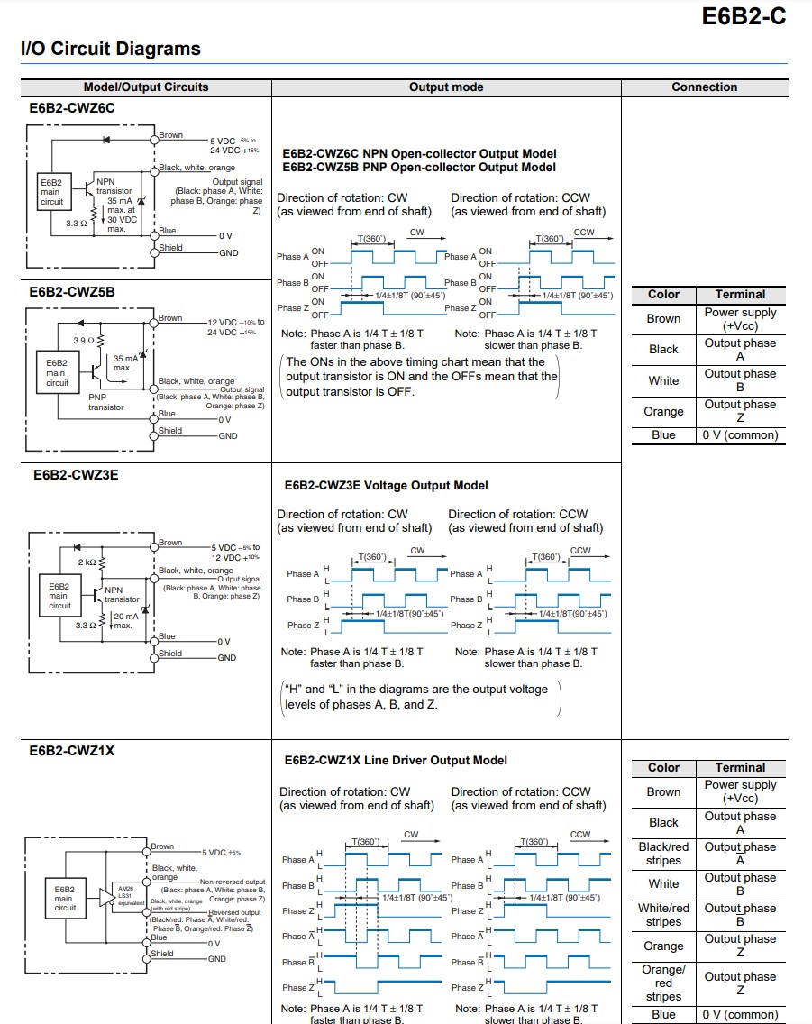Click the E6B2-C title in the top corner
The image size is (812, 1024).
[744, 16]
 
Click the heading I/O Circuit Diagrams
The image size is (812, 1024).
[110, 50]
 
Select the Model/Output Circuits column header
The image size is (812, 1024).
[145, 87]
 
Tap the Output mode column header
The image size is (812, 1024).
[446, 87]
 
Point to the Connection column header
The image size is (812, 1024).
[704, 87]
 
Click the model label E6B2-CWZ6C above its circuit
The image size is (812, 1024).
[72, 108]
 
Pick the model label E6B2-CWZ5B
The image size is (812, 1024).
[72, 292]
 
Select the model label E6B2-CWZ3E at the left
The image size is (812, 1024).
[73, 475]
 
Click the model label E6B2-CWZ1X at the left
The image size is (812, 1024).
[72, 750]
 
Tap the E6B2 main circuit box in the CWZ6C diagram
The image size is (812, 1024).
[51, 192]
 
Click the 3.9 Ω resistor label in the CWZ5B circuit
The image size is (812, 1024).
[84, 341]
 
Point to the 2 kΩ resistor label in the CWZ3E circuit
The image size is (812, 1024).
[87, 562]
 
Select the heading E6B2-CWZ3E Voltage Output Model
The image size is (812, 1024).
[386, 486]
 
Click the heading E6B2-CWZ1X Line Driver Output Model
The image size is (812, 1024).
[396, 761]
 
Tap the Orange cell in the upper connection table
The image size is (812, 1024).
[663, 412]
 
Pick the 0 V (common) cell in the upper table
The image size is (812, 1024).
[740, 435]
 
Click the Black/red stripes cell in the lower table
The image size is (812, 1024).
[663, 854]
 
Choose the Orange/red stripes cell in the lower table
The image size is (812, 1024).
[663, 983]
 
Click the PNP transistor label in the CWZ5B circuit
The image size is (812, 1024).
[106, 401]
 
